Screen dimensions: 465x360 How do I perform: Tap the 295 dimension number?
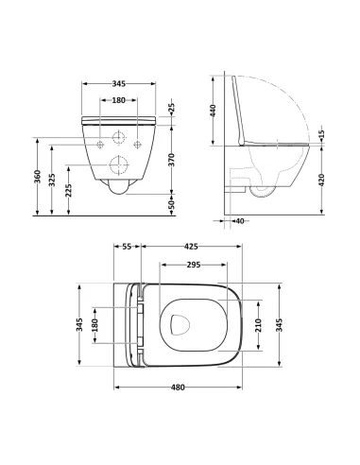point(192,266)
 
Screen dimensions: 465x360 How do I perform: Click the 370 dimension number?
point(171,162)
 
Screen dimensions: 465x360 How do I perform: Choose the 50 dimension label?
point(171,204)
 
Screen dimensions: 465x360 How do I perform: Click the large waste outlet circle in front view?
point(119,162)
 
